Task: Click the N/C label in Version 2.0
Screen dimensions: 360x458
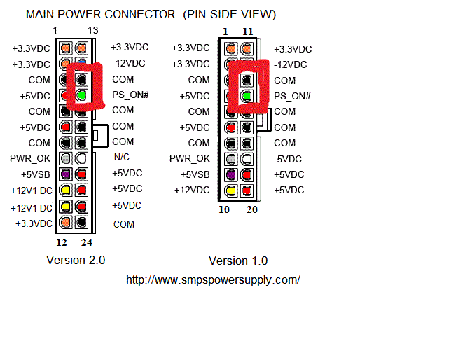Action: [x=121, y=158]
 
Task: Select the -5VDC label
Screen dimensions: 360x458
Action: [x=288, y=158]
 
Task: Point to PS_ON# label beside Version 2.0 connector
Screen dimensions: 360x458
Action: [x=130, y=95]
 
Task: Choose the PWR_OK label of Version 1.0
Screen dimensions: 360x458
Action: [x=190, y=158]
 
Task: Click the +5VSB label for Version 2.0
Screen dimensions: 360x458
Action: [x=36, y=174]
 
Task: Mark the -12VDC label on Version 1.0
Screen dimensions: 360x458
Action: [x=290, y=64]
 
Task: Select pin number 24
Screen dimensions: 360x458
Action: [x=87, y=243]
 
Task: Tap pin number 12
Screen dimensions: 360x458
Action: [x=62, y=243]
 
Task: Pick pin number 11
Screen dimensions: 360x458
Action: [x=247, y=32]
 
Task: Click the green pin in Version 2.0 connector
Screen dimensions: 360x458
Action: [x=82, y=95]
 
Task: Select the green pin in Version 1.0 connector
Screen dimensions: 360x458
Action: [x=247, y=96]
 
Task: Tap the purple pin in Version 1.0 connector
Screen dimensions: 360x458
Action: [x=231, y=174]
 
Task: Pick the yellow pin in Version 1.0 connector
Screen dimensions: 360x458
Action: [x=231, y=190]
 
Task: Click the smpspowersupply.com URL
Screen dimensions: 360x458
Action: [x=213, y=279]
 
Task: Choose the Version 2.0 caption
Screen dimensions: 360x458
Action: [x=76, y=261]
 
